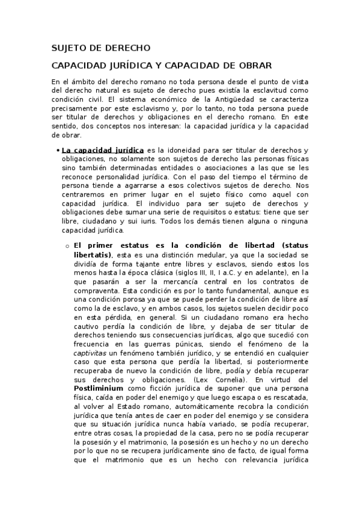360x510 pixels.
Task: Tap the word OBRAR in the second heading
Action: pos(255,65)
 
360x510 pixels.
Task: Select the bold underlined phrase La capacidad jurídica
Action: pos(103,150)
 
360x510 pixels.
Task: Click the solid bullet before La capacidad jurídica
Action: pos(56,150)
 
